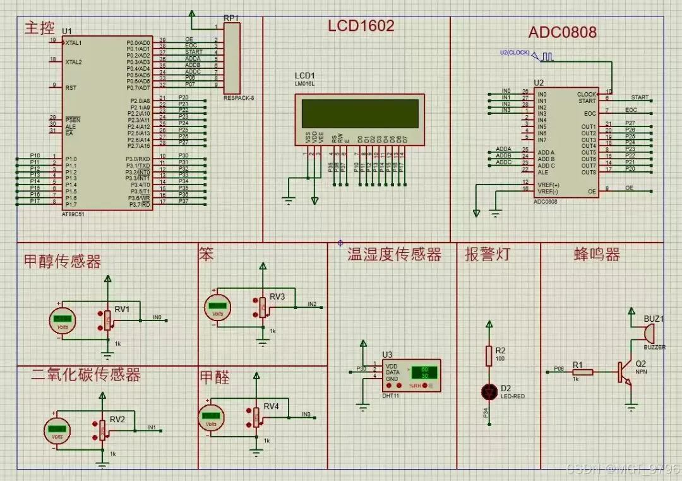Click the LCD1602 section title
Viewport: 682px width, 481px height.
tap(361, 26)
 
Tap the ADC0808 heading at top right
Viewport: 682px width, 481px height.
tap(562, 32)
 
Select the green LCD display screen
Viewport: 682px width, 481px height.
tap(360, 113)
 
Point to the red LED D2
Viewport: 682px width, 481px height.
tap(488, 391)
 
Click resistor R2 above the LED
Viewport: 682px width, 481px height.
tap(488, 356)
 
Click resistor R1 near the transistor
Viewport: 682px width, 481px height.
tap(583, 372)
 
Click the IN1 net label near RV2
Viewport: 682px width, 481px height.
tap(152, 428)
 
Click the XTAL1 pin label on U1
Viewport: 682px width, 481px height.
tap(73, 42)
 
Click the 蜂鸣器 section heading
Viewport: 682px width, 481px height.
tap(597, 255)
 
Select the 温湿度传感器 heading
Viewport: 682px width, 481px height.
tap(393, 255)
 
